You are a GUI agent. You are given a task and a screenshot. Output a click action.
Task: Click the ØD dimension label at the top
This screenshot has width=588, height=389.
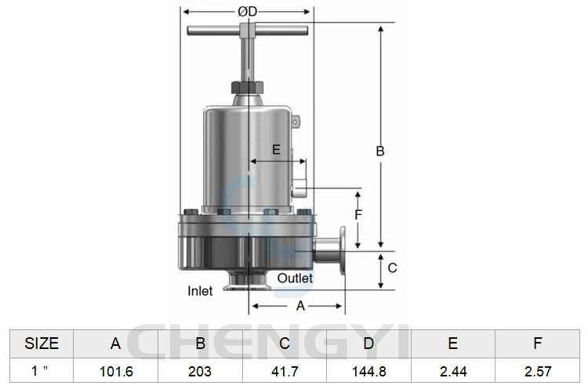(x=248, y=12)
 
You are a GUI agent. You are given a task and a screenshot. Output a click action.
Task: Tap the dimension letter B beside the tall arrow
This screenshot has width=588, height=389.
(x=380, y=151)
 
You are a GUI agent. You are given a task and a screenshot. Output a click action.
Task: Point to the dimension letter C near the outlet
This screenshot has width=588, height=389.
(x=392, y=268)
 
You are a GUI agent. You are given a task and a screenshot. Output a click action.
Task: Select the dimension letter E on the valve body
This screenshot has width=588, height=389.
(x=276, y=150)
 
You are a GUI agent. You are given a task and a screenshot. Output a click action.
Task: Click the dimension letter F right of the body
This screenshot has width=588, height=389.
(x=358, y=215)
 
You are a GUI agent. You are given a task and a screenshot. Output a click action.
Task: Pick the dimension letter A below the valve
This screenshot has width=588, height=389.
(x=300, y=306)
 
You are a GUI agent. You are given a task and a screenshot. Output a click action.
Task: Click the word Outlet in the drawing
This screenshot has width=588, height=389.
(x=295, y=278)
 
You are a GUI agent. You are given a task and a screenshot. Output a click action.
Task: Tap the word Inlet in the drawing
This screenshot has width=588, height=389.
(x=200, y=291)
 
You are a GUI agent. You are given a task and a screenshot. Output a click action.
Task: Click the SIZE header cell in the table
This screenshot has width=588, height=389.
(x=42, y=344)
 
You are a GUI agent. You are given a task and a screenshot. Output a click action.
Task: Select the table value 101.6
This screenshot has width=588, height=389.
(x=116, y=372)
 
